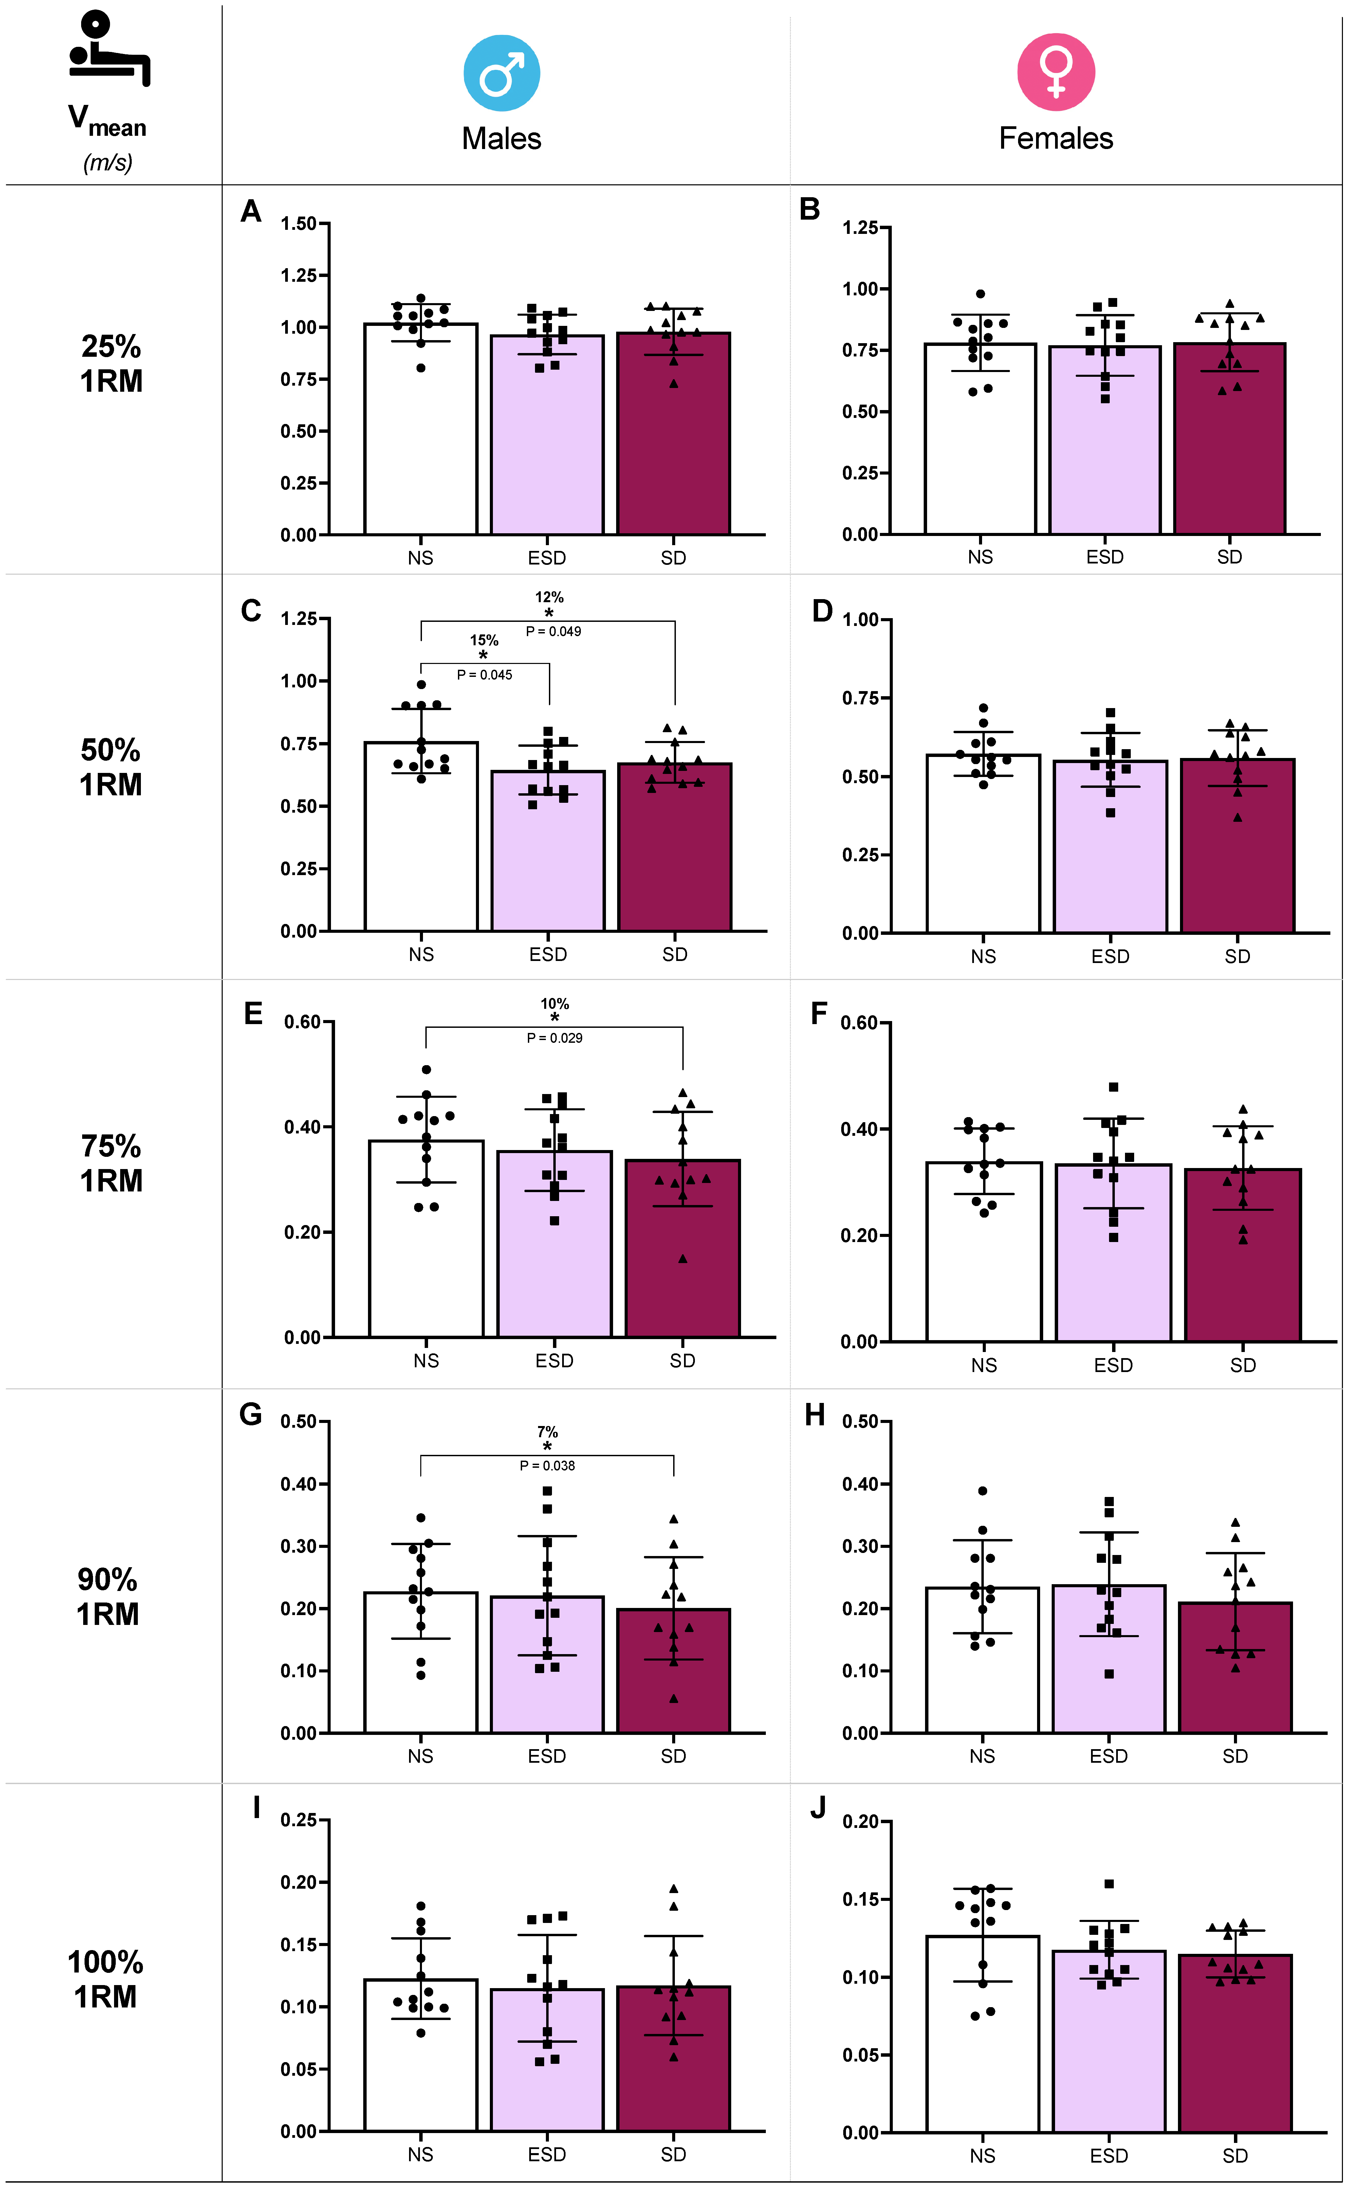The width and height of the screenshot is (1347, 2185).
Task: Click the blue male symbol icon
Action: coord(502,73)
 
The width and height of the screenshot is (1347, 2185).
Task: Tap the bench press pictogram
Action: coord(109,49)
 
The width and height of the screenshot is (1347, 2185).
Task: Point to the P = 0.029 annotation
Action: coord(554,1038)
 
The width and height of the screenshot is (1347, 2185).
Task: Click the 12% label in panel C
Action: coord(549,597)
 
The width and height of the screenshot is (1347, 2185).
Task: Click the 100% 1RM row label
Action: coord(105,1978)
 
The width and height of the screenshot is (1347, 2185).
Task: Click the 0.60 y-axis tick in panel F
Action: coord(859,1023)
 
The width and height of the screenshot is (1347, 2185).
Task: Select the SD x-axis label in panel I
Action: coord(673,2154)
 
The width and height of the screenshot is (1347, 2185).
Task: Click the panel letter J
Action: coord(818,1808)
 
